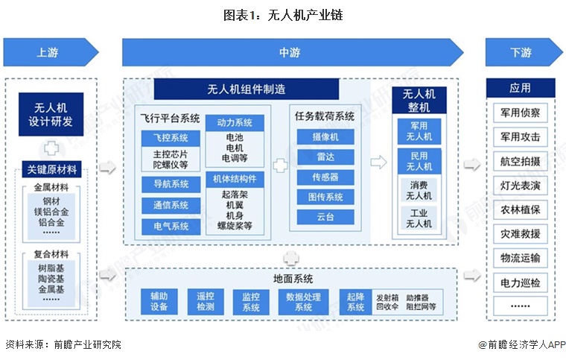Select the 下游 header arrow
521,53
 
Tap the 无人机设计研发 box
50,114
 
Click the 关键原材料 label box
50,169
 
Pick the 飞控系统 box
171,138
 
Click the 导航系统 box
171,184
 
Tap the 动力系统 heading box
234,122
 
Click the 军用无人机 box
419,131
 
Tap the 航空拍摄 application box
521,162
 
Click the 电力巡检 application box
521,283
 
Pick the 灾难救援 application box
521,234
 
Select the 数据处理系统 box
303,301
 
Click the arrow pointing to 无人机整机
378,163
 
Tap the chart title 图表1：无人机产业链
282,14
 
